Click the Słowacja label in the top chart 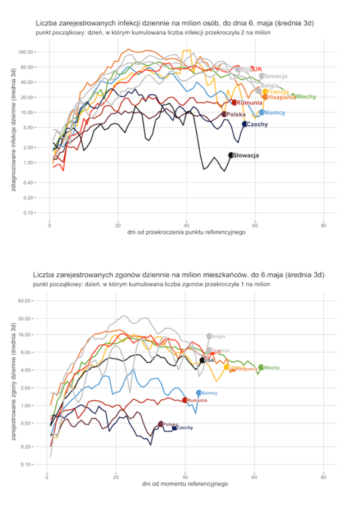click(x=246, y=156)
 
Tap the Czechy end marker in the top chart click(x=244, y=124)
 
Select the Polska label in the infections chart click(x=236, y=114)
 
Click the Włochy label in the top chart click(x=305, y=97)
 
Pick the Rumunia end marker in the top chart click(x=234, y=102)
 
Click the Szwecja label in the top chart click(x=276, y=76)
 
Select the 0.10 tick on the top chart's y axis click(x=28, y=213)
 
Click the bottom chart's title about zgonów click(x=178, y=275)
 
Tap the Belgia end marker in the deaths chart click(x=209, y=336)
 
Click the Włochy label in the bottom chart click(x=272, y=368)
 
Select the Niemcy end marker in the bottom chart click(x=199, y=393)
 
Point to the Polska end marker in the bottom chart click(x=161, y=424)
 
